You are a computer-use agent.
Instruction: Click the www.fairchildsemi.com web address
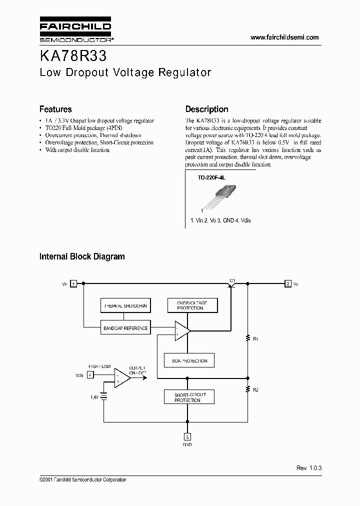[284, 37]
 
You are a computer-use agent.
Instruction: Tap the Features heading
[55, 109]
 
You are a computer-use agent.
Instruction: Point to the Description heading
[206, 109]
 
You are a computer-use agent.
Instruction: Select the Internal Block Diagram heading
[82, 256]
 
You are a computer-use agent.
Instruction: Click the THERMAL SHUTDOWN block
[125, 305]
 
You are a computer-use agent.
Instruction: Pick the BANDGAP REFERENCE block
[125, 328]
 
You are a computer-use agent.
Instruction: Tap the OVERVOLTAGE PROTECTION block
[190, 305]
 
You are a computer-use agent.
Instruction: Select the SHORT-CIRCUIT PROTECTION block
[188, 397]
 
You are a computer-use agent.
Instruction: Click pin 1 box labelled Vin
[73, 283]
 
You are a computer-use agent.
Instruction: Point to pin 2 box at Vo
[288, 283]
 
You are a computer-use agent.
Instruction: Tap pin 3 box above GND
[187, 436]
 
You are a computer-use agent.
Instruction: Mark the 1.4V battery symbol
[104, 396]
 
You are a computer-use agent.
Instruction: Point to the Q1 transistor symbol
[231, 284]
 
